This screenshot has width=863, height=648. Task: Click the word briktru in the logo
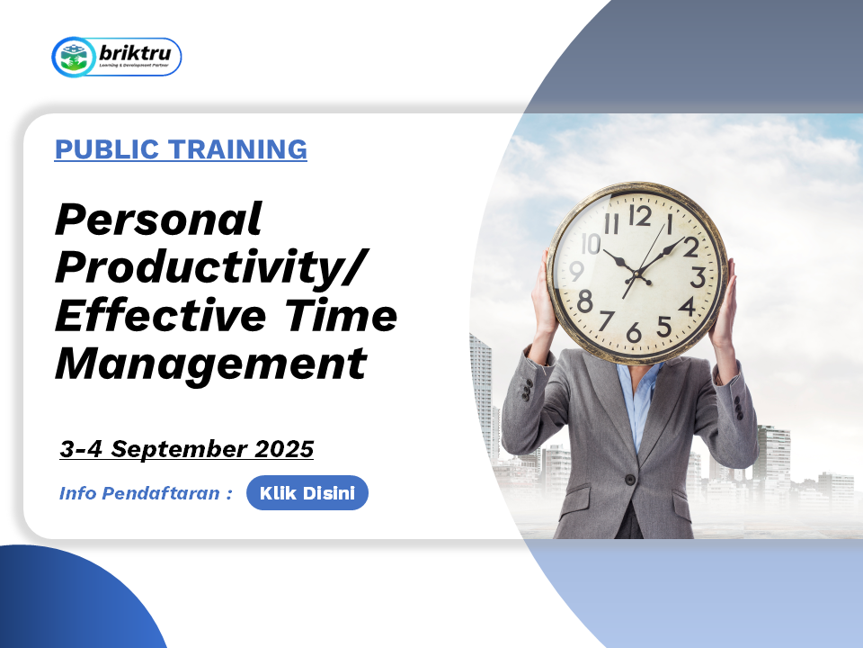[135, 53]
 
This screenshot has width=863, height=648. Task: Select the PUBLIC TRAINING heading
[181, 149]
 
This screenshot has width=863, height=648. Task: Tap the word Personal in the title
[158, 220]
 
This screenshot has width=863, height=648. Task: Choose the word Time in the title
[342, 315]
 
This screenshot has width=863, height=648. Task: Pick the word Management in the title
[210, 363]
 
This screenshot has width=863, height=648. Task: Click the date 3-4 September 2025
[187, 449]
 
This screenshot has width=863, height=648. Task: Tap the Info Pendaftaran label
[146, 492]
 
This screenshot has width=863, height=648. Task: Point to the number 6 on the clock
[634, 333]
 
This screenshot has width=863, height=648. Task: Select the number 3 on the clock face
[698, 277]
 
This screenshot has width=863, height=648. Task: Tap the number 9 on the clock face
[576, 271]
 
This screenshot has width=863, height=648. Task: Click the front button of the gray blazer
[629, 479]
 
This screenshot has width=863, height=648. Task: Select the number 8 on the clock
[585, 301]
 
